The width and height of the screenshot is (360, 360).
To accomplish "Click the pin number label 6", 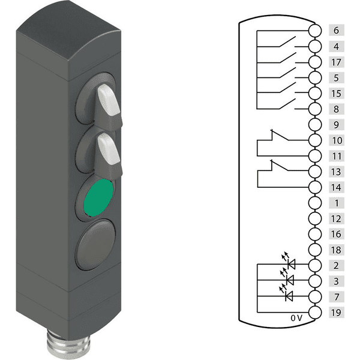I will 336,30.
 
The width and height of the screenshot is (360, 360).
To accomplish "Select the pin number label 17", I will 336,62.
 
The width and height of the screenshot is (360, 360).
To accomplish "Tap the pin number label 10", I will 336,140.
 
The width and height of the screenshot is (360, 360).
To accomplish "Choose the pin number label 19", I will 336,313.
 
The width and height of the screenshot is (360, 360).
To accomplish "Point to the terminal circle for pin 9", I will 314,125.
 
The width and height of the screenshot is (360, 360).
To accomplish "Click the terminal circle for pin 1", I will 314,203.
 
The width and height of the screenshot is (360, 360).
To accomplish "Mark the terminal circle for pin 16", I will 314,234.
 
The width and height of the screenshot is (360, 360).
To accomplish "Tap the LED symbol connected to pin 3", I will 291,280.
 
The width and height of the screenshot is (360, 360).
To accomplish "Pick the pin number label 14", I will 336,187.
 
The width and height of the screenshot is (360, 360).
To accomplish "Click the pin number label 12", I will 336,218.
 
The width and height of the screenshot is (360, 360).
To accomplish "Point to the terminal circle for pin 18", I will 314,250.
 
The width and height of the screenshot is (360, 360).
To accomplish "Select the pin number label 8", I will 336,109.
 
